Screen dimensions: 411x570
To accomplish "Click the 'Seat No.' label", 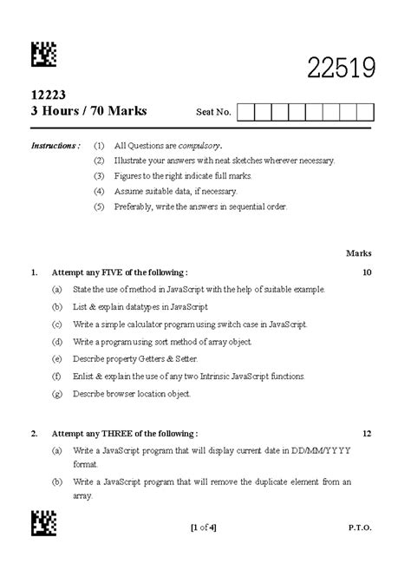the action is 214,112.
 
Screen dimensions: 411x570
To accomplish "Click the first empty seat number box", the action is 245,111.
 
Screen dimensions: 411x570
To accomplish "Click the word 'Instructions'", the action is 55,145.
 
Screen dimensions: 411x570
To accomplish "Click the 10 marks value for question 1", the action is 367,272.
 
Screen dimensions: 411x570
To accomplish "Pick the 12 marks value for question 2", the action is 367,432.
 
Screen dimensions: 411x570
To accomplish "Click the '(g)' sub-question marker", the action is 56,393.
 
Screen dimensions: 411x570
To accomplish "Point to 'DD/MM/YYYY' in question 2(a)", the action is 321,451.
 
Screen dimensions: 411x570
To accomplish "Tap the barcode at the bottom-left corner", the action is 43,523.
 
